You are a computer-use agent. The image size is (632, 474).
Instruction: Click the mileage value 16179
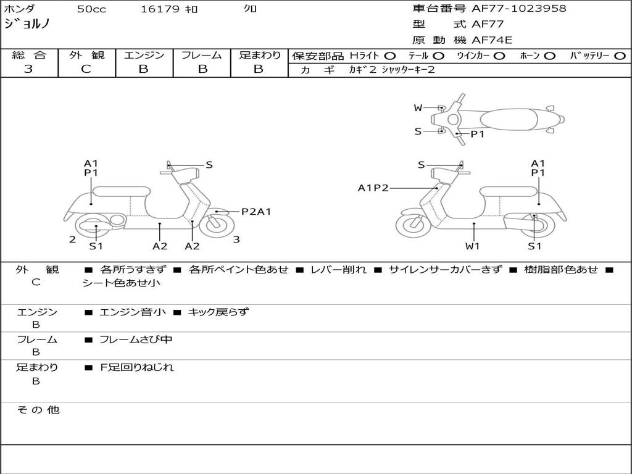tap(160, 9)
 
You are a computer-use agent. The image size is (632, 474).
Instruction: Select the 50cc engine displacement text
tap(91, 9)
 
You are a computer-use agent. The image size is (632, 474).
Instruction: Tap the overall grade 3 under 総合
tap(28, 69)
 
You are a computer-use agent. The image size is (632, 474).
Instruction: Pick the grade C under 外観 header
tap(86, 69)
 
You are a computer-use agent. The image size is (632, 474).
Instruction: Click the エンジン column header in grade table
tap(144, 55)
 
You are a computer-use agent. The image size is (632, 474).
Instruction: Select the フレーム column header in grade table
tap(201, 55)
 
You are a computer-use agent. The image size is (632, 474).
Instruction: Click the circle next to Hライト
tap(390, 56)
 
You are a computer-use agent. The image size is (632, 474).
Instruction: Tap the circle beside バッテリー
tap(620, 56)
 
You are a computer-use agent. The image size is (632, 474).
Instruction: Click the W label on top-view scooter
tap(418, 108)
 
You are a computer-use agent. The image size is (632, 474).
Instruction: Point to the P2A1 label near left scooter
tap(256, 212)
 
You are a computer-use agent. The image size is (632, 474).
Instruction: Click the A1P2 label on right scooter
tap(373, 188)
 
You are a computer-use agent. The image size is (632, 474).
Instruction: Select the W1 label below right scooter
tap(473, 246)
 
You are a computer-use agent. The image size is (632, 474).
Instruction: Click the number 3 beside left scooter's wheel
tap(236, 239)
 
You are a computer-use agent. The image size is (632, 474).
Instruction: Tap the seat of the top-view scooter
tap(509, 118)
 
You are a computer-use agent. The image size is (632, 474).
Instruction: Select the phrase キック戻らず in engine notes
tap(218, 312)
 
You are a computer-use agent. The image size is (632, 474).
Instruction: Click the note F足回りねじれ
tap(136, 367)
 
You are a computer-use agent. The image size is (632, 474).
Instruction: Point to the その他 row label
tap(38, 410)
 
